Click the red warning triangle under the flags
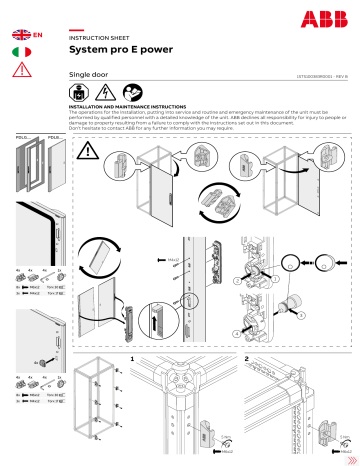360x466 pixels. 21,69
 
